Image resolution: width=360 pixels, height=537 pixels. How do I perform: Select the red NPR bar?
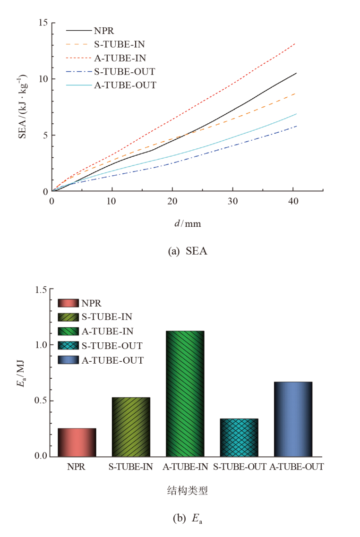[x=77, y=442]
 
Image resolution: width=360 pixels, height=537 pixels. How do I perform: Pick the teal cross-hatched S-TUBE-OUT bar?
[x=239, y=437]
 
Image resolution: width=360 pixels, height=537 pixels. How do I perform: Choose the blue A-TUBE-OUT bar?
[x=293, y=419]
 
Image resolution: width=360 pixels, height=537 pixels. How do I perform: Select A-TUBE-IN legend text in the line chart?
[x=120, y=59]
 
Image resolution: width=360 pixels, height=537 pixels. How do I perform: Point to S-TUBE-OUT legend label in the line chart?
[x=125, y=72]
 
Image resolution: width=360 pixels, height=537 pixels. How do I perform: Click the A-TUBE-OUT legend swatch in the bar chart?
[x=69, y=360]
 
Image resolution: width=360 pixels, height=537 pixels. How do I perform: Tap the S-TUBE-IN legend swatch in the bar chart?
[x=69, y=316]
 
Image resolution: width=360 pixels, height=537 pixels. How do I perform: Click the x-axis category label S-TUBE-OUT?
[x=239, y=467]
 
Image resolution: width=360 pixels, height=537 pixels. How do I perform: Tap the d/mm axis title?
[x=188, y=223]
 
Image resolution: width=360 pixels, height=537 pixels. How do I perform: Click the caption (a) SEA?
[x=188, y=251]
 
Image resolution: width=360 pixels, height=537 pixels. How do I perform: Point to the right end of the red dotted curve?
[x=295, y=43]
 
